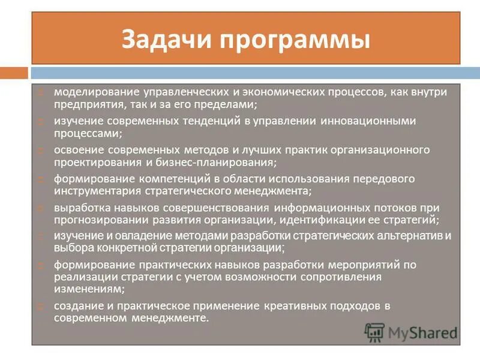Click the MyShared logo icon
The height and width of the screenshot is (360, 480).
375,332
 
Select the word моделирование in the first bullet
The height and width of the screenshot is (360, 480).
95,93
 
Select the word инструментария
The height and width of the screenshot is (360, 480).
97,191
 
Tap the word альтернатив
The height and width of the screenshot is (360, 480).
413,236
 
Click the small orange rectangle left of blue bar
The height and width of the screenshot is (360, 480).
14,73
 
